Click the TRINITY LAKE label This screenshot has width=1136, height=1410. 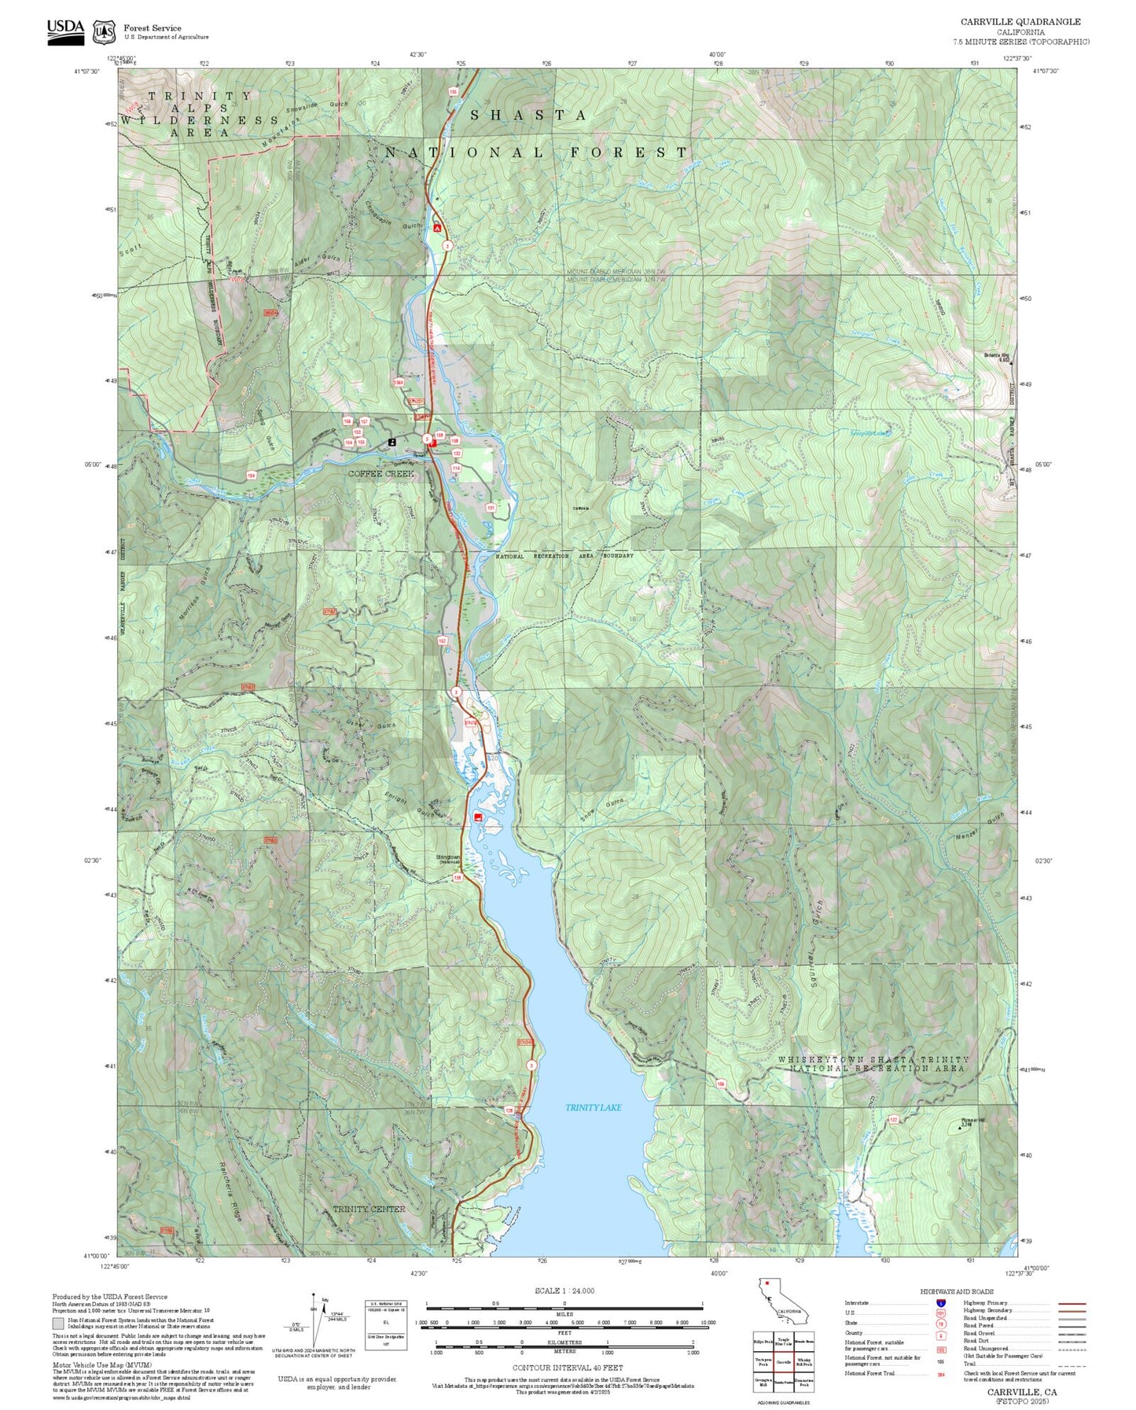593,1107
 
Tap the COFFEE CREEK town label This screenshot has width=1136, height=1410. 381,474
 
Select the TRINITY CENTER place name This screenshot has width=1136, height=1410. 368,1209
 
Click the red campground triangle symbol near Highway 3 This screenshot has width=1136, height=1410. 436,228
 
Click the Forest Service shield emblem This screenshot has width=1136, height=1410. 104,32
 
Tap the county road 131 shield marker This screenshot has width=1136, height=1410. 491,508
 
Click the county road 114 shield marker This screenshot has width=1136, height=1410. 456,468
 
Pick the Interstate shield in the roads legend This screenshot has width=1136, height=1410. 940,1302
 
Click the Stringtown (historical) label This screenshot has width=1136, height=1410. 449,858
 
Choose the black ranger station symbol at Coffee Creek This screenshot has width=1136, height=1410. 392,442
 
